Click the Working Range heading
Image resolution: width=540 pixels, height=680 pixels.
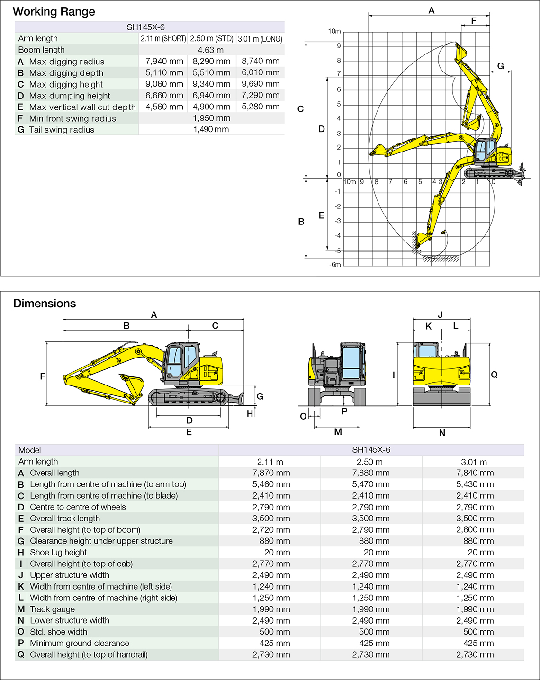point(54,12)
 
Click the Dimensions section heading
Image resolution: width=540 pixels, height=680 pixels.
point(45,304)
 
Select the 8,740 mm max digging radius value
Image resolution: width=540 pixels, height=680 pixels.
point(260,61)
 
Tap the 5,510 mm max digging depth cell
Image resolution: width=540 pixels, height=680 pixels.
point(211,72)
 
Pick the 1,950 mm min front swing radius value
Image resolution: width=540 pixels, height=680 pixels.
point(211,118)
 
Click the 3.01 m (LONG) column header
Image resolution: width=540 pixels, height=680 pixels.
point(260,39)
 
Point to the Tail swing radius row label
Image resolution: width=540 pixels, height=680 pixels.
point(62,130)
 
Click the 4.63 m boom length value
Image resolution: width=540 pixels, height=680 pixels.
point(211,50)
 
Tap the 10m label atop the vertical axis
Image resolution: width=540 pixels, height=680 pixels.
point(334,31)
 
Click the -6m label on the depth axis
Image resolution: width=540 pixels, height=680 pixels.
point(335,265)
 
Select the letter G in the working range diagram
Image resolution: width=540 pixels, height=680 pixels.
point(501,66)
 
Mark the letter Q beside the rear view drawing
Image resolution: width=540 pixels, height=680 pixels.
point(494,375)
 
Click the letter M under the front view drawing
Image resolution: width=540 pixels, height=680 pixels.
point(338,432)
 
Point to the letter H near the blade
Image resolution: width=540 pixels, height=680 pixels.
point(250,414)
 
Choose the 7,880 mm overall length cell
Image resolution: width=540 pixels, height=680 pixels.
point(371,473)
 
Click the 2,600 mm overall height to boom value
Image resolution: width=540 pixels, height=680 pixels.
point(475,530)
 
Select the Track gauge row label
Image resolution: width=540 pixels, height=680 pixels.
point(52,609)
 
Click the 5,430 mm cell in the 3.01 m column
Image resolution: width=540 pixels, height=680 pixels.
point(475,484)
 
